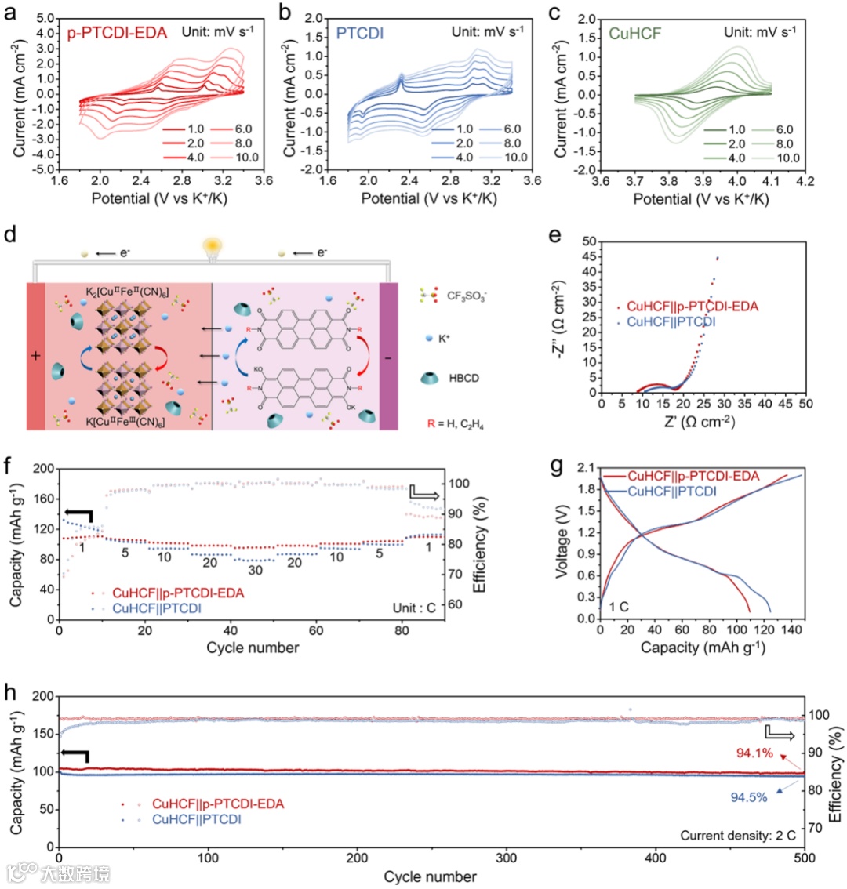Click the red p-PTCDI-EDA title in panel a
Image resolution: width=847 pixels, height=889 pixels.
click(x=117, y=33)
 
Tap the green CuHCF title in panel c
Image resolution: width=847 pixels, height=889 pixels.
click(x=636, y=34)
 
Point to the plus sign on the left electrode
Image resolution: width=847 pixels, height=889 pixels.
click(x=35, y=356)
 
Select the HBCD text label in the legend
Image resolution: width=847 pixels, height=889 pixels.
click(x=463, y=378)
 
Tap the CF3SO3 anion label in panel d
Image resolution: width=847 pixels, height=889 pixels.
click(x=466, y=296)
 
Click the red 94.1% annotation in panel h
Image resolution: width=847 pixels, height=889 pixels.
click(x=754, y=753)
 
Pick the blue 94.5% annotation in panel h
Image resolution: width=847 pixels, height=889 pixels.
click(x=749, y=797)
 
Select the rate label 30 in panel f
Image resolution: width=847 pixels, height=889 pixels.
click(x=255, y=571)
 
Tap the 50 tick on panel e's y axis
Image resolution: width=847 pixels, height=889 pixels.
click(x=589, y=242)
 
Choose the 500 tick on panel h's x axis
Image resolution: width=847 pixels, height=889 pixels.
click(x=805, y=858)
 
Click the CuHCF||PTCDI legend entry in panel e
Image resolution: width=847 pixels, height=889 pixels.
click(x=682, y=321)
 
